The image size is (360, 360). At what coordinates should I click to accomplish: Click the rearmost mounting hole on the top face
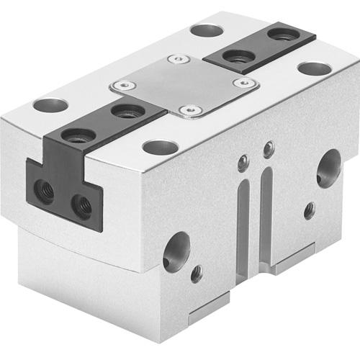coord(207,31)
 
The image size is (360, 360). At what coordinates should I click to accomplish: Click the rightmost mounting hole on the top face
coord(314,69)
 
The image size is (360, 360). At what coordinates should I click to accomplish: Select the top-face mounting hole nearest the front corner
coord(160,148)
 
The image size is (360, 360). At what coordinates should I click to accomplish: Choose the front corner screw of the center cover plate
coord(189,110)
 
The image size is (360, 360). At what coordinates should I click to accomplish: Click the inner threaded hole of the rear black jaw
coord(233,55)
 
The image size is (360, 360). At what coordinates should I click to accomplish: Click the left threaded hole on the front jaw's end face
coord(45,192)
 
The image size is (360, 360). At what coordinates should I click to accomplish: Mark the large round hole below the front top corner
coord(176,250)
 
